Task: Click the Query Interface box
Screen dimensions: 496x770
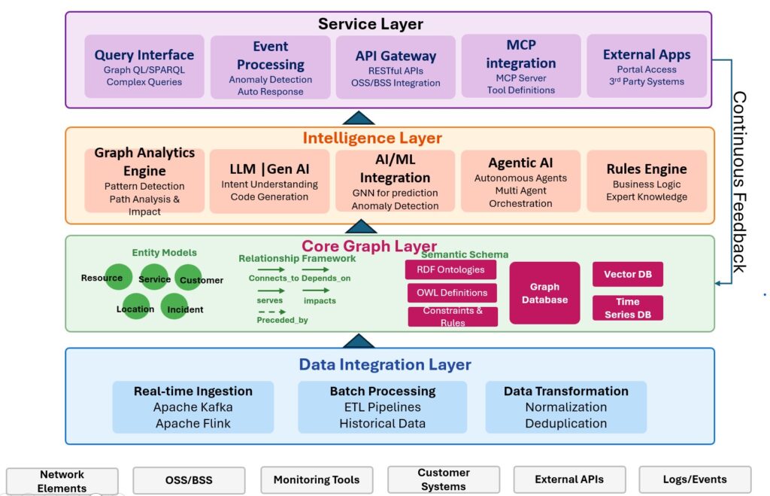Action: pos(144,66)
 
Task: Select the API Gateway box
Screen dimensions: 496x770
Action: pos(396,67)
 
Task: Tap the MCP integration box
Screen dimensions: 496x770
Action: pos(520,66)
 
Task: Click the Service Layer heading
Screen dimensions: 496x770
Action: pos(370,24)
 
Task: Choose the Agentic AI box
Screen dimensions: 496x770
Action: pos(520,181)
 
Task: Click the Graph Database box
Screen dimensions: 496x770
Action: pos(544,293)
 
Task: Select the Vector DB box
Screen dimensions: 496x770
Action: pos(628,274)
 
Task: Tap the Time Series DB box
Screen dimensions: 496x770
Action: pos(628,307)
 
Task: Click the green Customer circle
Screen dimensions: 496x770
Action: pos(194,279)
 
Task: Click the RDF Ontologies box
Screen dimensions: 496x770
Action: pos(451,269)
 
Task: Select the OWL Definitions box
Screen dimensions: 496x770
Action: pos(452,293)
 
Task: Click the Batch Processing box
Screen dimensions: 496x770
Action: pos(382,407)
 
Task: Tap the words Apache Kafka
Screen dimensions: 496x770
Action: pos(193,407)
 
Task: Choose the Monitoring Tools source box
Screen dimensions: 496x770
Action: pos(316,479)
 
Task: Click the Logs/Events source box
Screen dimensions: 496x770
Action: pos(694,479)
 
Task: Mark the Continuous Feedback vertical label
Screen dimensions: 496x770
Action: pos(738,181)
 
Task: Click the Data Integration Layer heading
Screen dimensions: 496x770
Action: pos(385,365)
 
